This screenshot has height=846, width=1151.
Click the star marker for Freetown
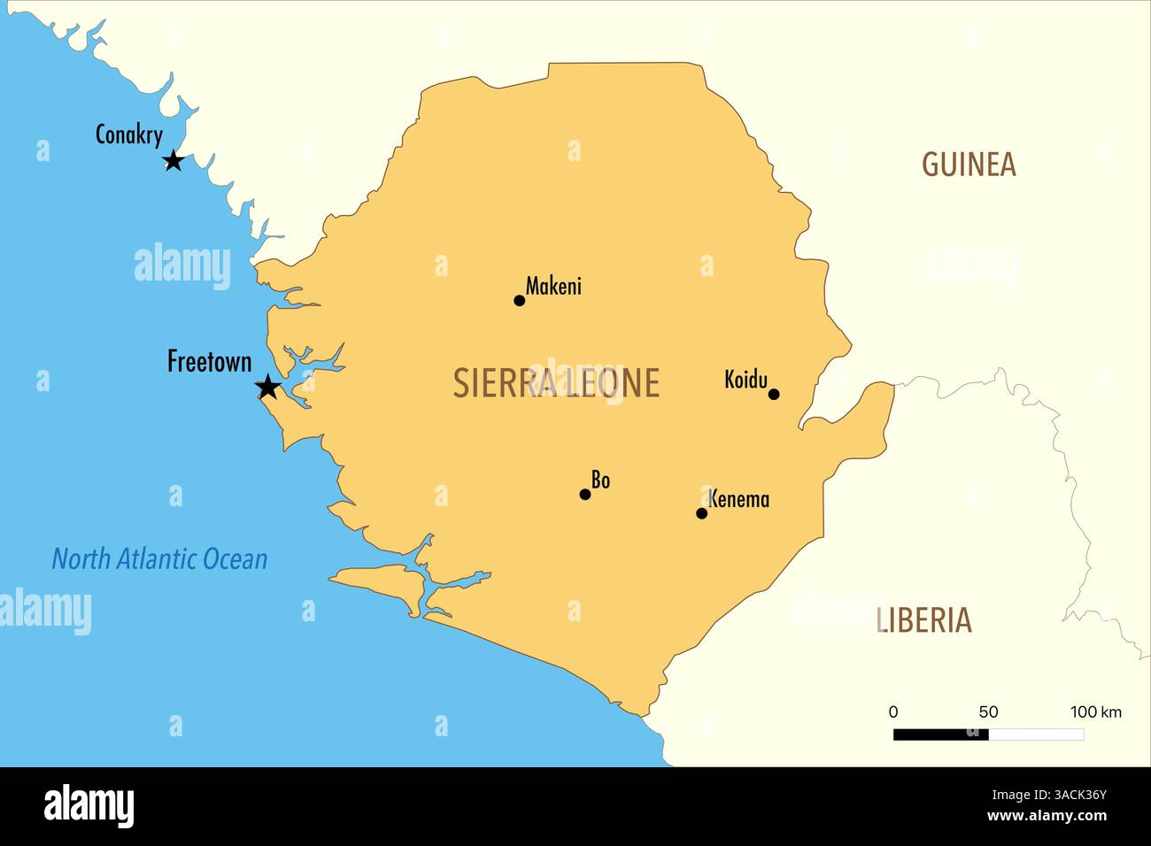coord(267,387)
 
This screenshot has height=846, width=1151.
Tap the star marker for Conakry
coord(174,161)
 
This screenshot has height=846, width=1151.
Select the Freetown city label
coord(210,361)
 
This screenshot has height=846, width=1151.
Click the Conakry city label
coord(129,135)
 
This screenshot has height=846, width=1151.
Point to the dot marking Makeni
coord(520,301)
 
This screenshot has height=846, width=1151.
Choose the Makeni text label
coord(553,286)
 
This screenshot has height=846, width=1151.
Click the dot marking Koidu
coord(774,395)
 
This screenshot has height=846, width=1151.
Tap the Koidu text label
coord(745,380)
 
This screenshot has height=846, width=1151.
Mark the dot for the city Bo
coord(585,495)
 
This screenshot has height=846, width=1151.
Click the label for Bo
coord(601,481)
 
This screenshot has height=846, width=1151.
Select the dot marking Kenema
coord(702,513)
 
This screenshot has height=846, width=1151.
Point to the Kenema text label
coord(739,499)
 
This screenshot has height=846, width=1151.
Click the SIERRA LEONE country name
coord(556,383)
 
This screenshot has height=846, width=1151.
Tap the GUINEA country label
coord(969,165)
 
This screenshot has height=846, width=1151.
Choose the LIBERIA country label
coord(924,620)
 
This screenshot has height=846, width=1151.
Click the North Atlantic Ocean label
coord(159,559)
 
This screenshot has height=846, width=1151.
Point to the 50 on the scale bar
coord(988,712)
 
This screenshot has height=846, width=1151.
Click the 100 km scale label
coord(1095,712)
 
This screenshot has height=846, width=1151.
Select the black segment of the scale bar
coord(940,734)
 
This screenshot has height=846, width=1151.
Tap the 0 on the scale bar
coord(893,712)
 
